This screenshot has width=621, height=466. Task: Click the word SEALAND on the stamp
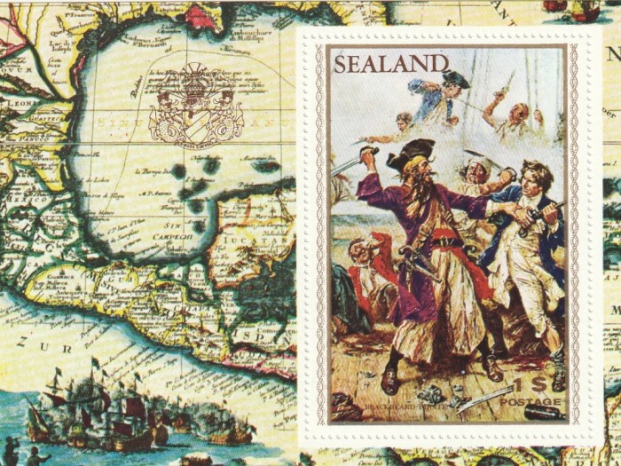(390, 63)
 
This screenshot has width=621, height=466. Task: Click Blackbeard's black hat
(411, 154)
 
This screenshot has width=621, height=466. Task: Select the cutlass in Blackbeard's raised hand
(350, 162)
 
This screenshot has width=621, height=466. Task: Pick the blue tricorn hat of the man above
(455, 78)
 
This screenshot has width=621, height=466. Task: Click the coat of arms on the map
(196, 104)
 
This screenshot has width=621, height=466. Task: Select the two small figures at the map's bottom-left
(22, 450)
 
